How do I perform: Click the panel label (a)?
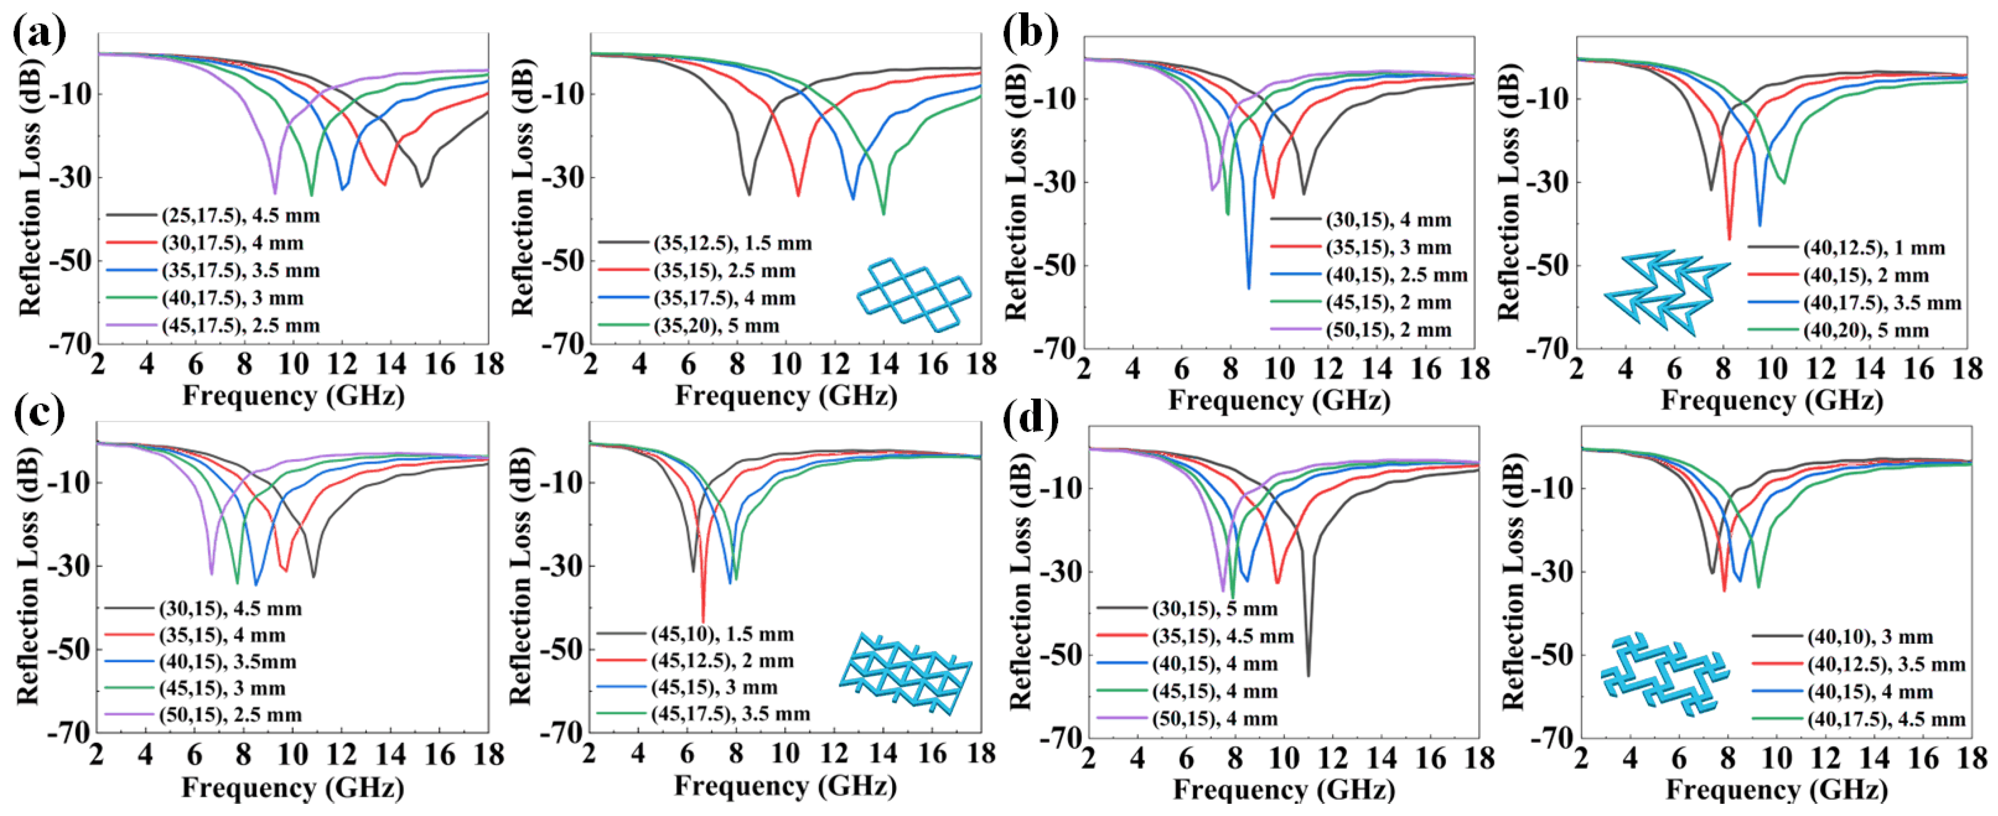tap(39, 35)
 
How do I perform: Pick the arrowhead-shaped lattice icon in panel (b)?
tap(1666, 291)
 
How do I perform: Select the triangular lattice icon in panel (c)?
tap(905, 673)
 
